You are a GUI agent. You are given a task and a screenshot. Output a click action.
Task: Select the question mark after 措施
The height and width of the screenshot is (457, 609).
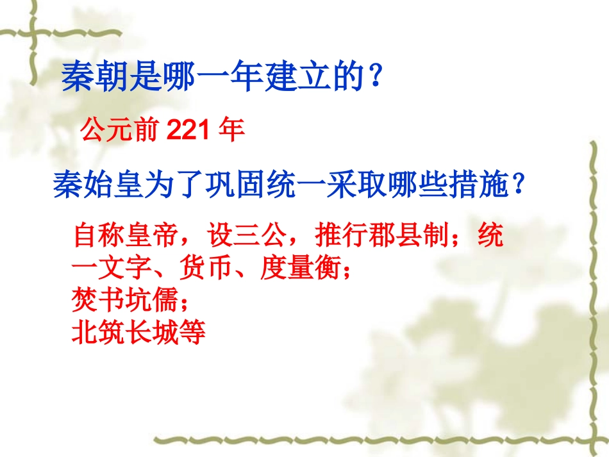coord(519,185)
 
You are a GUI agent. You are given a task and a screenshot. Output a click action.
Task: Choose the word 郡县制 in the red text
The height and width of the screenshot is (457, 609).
coord(412,236)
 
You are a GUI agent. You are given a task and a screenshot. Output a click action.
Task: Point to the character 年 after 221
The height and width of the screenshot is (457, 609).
coord(231,131)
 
